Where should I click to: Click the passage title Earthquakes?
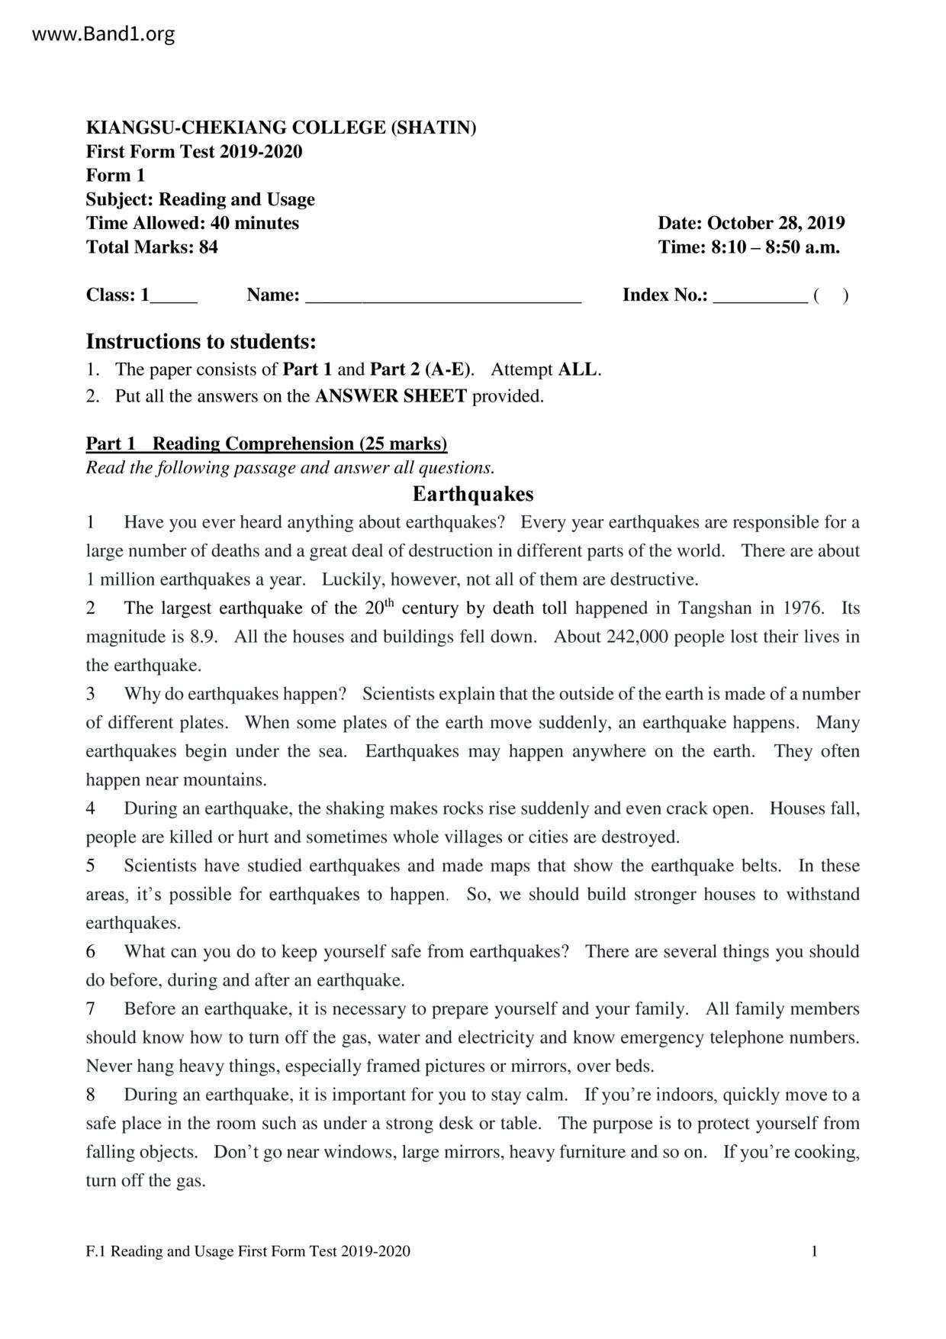pos(473,495)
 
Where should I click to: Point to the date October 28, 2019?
pos(776,223)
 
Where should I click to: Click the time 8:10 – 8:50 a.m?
pos(775,247)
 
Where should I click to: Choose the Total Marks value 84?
pos(208,247)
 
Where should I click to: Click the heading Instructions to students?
pos(201,340)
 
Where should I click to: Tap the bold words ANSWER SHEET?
pos(390,396)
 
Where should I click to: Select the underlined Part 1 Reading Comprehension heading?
pos(266,444)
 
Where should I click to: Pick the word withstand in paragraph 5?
pos(822,895)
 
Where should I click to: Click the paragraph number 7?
pos(91,1009)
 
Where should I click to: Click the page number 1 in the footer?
pos(815,1251)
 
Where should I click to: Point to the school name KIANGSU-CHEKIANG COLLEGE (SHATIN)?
pos(281,127)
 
